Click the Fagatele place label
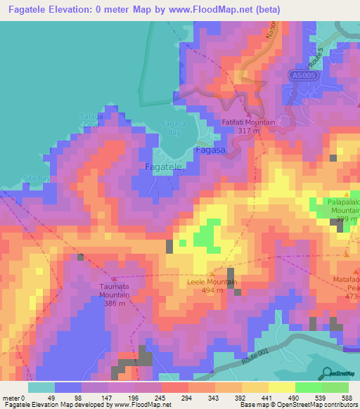tap(164, 167)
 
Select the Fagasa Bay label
tap(173, 127)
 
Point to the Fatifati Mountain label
tap(250, 122)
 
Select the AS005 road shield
tap(302, 75)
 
